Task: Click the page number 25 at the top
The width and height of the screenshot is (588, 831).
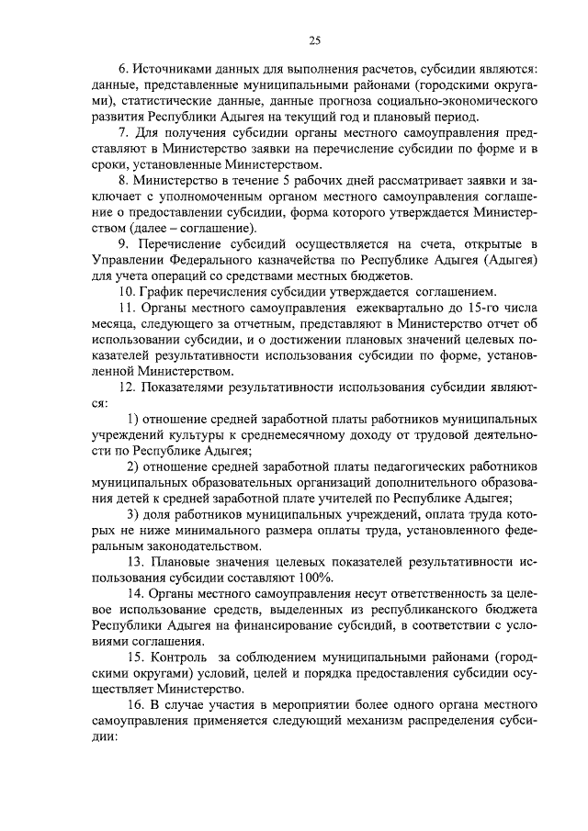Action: pos(314,39)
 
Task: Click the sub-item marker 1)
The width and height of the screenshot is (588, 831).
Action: pos(133,420)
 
